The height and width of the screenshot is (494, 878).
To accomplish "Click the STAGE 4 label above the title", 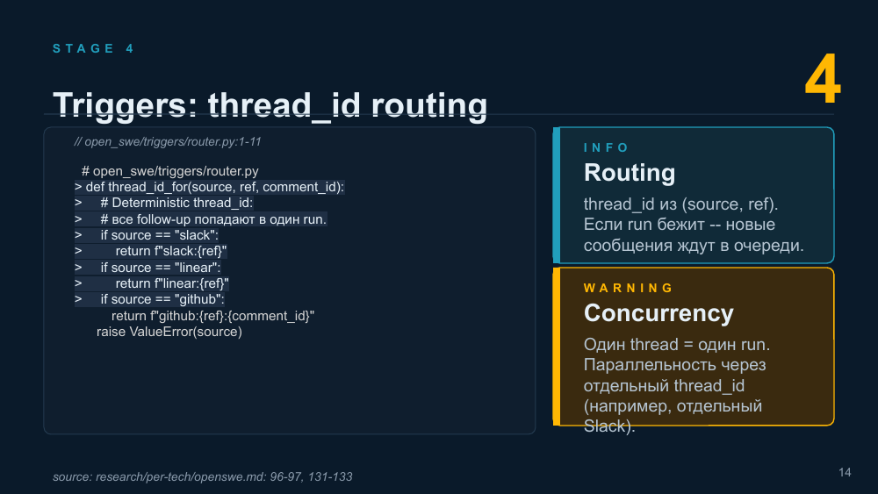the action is point(93,48).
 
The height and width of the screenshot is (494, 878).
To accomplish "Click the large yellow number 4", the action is point(823,80).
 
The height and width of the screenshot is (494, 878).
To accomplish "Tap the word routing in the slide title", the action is point(429,105).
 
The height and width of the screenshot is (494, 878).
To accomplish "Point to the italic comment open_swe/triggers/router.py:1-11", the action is point(168,141).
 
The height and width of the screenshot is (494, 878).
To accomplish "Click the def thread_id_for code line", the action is point(210,187).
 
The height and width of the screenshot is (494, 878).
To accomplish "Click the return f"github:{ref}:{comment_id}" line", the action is point(212,316).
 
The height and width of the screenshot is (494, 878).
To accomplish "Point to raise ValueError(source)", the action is point(169,332).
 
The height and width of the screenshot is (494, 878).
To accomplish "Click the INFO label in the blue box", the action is point(606,147).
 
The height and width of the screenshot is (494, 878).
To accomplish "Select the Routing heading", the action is point(630,172).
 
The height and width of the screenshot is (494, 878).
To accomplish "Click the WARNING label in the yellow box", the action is point(629,288).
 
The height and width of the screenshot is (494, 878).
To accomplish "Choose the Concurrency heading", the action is point(658,312).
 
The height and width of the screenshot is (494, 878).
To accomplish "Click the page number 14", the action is point(845,473).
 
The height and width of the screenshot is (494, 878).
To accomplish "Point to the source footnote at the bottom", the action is point(203,476).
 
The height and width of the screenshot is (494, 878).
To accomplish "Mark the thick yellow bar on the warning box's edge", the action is point(557,347).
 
